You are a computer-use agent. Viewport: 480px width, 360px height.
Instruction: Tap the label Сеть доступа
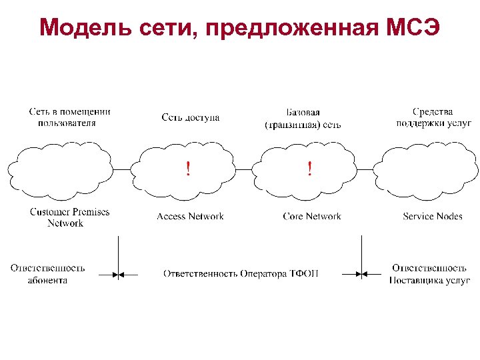pos(190,117)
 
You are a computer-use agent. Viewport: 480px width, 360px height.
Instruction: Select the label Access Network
pos(190,216)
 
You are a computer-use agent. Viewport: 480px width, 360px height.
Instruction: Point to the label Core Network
pos(311,216)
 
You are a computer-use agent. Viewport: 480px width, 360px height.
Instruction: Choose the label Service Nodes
pos(432,216)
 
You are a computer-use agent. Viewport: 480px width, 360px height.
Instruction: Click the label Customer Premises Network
pos(69,217)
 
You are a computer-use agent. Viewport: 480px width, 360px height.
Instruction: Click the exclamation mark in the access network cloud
pos(188,169)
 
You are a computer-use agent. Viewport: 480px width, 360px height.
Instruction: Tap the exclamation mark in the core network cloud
pos(309,169)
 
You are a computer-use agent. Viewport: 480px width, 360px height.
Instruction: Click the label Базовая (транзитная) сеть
pos(303,118)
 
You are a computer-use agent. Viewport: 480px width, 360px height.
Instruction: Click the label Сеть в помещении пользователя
pos(69,117)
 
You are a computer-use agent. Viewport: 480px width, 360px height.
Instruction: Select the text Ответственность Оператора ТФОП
pos(241,273)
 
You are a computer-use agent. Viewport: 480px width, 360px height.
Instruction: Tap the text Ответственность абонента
pos(47,274)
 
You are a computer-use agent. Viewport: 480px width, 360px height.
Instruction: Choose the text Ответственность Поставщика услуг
pos(430,274)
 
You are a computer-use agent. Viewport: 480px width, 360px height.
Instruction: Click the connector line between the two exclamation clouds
pos(248,169)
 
